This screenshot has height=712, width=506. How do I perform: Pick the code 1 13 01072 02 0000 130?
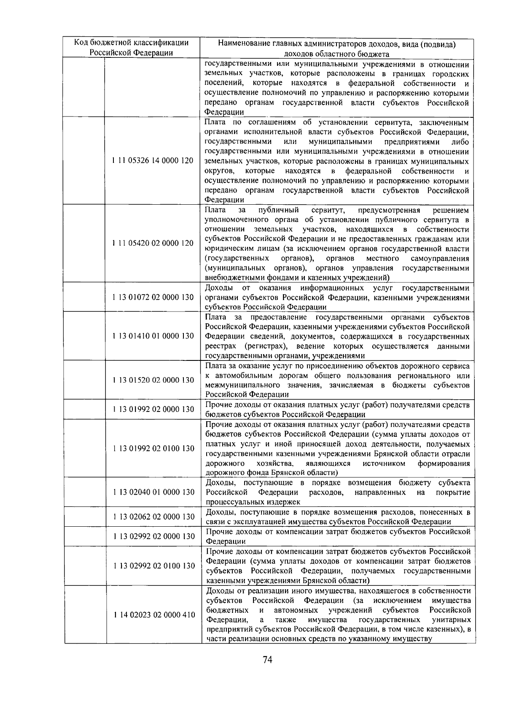(x=153, y=297)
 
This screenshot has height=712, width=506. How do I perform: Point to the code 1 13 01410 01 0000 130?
(x=153, y=336)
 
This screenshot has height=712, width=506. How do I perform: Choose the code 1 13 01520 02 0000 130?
(x=153, y=380)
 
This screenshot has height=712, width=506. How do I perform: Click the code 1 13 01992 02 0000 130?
(x=153, y=409)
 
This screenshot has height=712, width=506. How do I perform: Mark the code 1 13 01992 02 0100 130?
(x=153, y=448)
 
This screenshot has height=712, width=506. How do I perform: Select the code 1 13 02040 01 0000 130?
(x=154, y=492)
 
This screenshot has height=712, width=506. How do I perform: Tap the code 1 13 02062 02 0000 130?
(x=154, y=517)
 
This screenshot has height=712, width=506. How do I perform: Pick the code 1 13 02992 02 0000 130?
(x=154, y=536)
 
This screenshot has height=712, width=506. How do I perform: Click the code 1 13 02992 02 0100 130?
(x=154, y=566)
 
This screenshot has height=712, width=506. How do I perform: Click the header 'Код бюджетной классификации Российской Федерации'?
(x=131, y=48)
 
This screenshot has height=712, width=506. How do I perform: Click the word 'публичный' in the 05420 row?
(x=278, y=210)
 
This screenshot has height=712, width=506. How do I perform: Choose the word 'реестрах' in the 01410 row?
(x=222, y=346)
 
